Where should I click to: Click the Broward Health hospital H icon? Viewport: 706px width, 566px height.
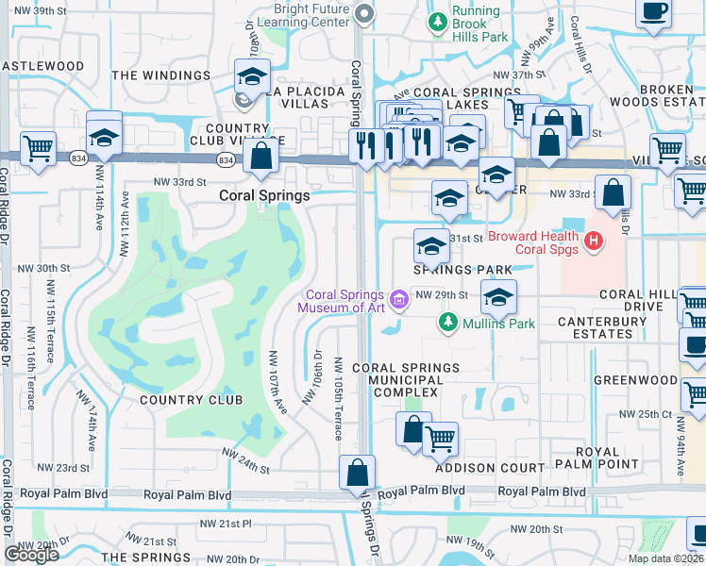pos(594,242)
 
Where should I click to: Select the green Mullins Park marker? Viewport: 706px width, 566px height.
pos(449,324)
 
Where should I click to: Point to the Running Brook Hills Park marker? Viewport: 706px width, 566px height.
pos(436,19)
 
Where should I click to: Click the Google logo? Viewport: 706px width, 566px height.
pos(31,555)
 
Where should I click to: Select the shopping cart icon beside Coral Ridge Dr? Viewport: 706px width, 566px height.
pos(38,148)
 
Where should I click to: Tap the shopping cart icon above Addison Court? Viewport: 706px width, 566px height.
pos(440,439)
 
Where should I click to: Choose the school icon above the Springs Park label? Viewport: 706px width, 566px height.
pos(431,247)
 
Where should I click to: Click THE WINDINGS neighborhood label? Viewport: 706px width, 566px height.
pos(160,75)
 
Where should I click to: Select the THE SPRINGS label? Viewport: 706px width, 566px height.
pos(140,558)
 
